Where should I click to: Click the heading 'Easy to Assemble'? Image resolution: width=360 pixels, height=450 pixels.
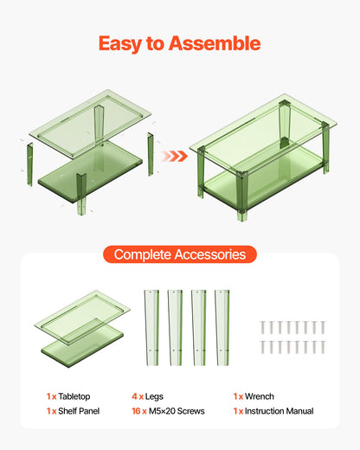click(x=179, y=43)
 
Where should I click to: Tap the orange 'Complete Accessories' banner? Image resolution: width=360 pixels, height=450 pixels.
click(x=179, y=254)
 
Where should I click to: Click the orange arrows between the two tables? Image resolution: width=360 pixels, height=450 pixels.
click(x=176, y=156)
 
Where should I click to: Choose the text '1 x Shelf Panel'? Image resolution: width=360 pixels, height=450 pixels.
click(x=74, y=411)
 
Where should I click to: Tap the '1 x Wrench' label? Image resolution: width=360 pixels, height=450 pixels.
click(x=254, y=395)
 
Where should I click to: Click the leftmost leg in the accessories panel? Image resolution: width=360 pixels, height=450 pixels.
click(x=151, y=325)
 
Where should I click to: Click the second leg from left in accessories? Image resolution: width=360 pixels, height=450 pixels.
click(x=175, y=325)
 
